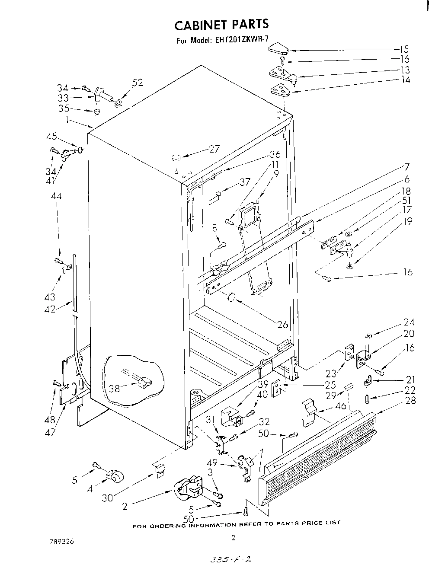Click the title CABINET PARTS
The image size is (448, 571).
coord(221,25)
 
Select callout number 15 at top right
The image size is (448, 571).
coord(404,49)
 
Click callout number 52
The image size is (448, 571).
coord(138,83)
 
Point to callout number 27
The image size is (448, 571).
coord(214,149)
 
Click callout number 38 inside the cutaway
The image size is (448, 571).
coord(115,388)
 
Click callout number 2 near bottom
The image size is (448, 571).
coord(125,507)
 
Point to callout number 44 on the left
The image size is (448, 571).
coord(56,196)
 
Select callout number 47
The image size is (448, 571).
coord(51,432)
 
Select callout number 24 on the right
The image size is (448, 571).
coord(409,322)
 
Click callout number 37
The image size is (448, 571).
coord(245,182)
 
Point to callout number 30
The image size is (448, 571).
coord(108,498)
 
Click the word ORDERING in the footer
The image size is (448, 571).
coord(168,525)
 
